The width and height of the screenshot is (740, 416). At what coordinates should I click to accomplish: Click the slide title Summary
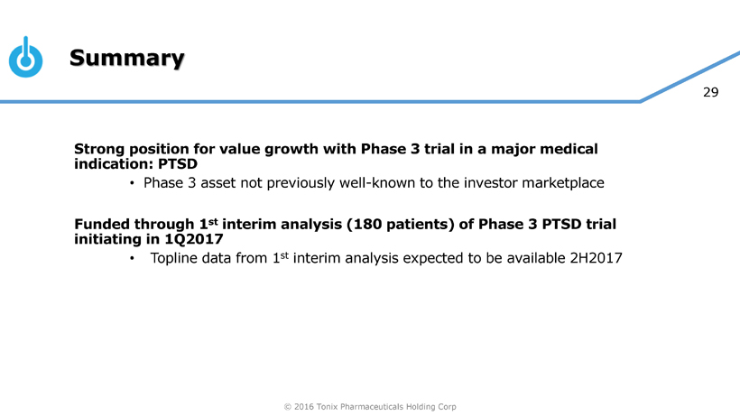click(127, 59)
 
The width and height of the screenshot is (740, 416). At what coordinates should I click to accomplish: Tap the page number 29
click(710, 92)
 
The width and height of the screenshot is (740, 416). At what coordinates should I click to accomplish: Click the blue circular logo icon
click(26, 57)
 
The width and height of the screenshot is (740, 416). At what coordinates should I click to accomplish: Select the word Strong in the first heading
click(99, 150)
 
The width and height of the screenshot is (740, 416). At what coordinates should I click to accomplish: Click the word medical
click(569, 149)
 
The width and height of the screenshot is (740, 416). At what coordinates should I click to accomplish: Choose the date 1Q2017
click(193, 239)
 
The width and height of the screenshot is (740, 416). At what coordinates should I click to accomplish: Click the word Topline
click(178, 258)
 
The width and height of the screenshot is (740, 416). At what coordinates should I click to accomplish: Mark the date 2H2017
click(596, 258)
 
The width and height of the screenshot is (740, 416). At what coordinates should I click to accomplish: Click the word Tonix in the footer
click(327, 407)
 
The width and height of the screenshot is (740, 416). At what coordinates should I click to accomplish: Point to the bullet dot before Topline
click(132, 258)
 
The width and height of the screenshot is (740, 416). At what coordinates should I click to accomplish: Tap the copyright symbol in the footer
click(287, 407)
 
